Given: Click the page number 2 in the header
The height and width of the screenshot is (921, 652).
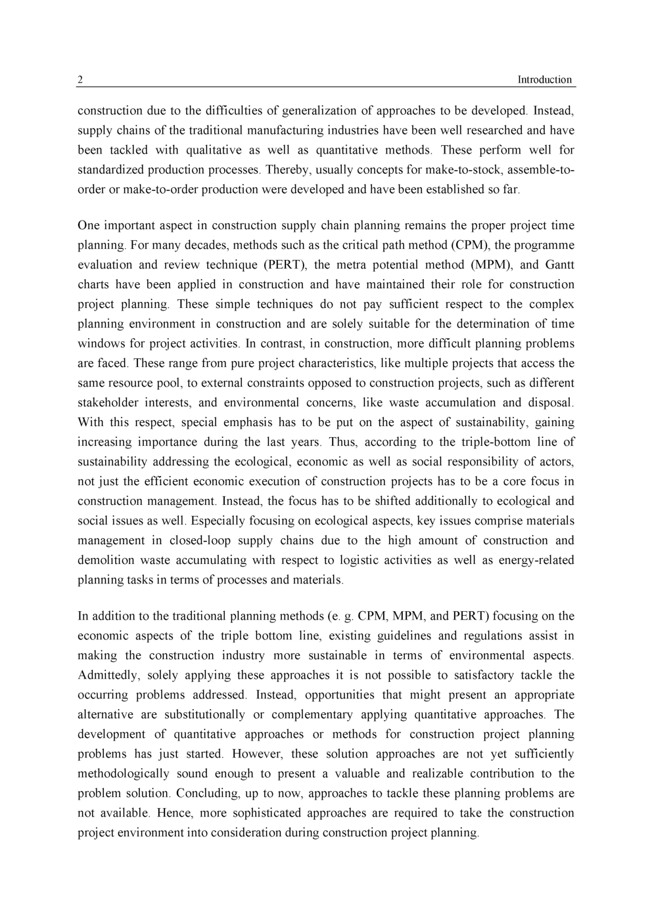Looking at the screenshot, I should coord(80,80).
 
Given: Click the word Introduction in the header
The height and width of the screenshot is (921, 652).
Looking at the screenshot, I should coord(544,80).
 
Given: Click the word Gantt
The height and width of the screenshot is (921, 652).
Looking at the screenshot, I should coord(558,265).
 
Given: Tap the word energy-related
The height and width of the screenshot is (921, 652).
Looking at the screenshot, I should coord(536,560).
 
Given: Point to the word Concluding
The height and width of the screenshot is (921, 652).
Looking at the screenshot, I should coord(206,793).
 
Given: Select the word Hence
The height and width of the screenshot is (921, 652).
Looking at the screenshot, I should coord(174,813).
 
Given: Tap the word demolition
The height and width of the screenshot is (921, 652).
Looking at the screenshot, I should coord(105,560).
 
